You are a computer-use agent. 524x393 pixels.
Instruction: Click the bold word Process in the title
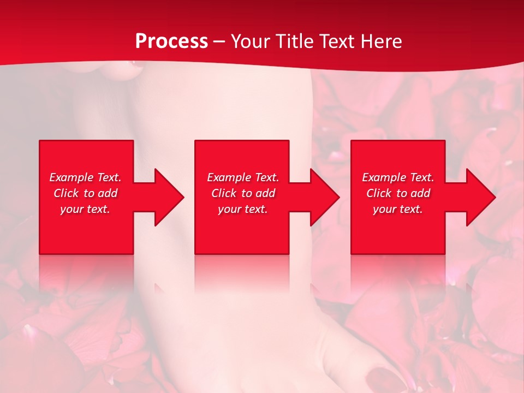click(171, 41)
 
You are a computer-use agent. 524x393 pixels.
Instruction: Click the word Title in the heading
click(294, 41)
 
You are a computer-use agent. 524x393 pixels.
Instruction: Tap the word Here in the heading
click(382, 41)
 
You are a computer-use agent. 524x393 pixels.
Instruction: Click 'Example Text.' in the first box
click(85, 177)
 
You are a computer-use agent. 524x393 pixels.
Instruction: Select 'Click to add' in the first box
click(85, 193)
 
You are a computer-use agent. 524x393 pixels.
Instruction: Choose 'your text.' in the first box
click(85, 209)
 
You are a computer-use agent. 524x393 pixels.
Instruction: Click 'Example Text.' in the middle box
click(243, 177)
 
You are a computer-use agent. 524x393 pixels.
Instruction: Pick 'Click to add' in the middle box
click(243, 193)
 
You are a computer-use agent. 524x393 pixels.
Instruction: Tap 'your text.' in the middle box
click(243, 209)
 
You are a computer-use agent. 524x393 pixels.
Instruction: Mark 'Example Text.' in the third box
click(398, 177)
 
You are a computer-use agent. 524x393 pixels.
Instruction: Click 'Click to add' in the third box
click(398, 193)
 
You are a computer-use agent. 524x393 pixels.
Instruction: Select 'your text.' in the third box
click(398, 209)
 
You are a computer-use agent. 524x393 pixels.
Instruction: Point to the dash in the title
click(219, 42)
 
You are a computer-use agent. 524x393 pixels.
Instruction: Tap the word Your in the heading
click(252, 41)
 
